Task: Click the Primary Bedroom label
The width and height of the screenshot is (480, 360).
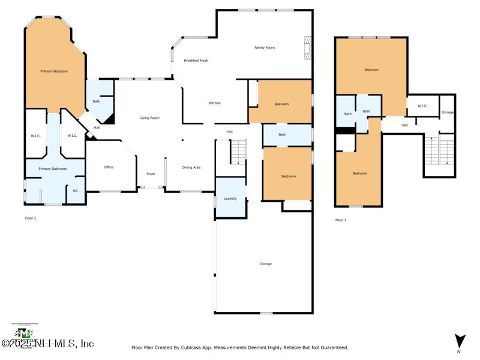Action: point(54,71)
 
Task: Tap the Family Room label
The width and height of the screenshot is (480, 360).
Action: point(265,47)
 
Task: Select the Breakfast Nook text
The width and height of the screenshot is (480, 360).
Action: point(196,61)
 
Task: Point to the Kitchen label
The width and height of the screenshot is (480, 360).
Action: point(215,103)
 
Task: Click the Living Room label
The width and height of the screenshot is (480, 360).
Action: point(150,118)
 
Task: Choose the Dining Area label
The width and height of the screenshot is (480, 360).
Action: point(191,167)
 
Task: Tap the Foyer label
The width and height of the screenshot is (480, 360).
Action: point(151,174)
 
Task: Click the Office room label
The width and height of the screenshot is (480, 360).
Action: point(109,167)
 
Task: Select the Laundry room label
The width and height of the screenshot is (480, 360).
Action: point(230,199)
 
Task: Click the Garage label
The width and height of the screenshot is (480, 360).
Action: point(266,264)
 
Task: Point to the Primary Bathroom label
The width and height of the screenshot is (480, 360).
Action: point(53,169)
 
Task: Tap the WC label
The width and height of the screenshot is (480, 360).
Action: point(75,191)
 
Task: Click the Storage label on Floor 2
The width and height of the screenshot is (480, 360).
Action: point(448,112)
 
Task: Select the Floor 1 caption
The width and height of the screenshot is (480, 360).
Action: point(31,218)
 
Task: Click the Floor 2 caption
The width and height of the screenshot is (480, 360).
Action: point(341,220)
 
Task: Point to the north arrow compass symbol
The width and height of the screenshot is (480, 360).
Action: point(460,340)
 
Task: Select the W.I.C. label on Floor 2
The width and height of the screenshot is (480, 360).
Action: point(422,106)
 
